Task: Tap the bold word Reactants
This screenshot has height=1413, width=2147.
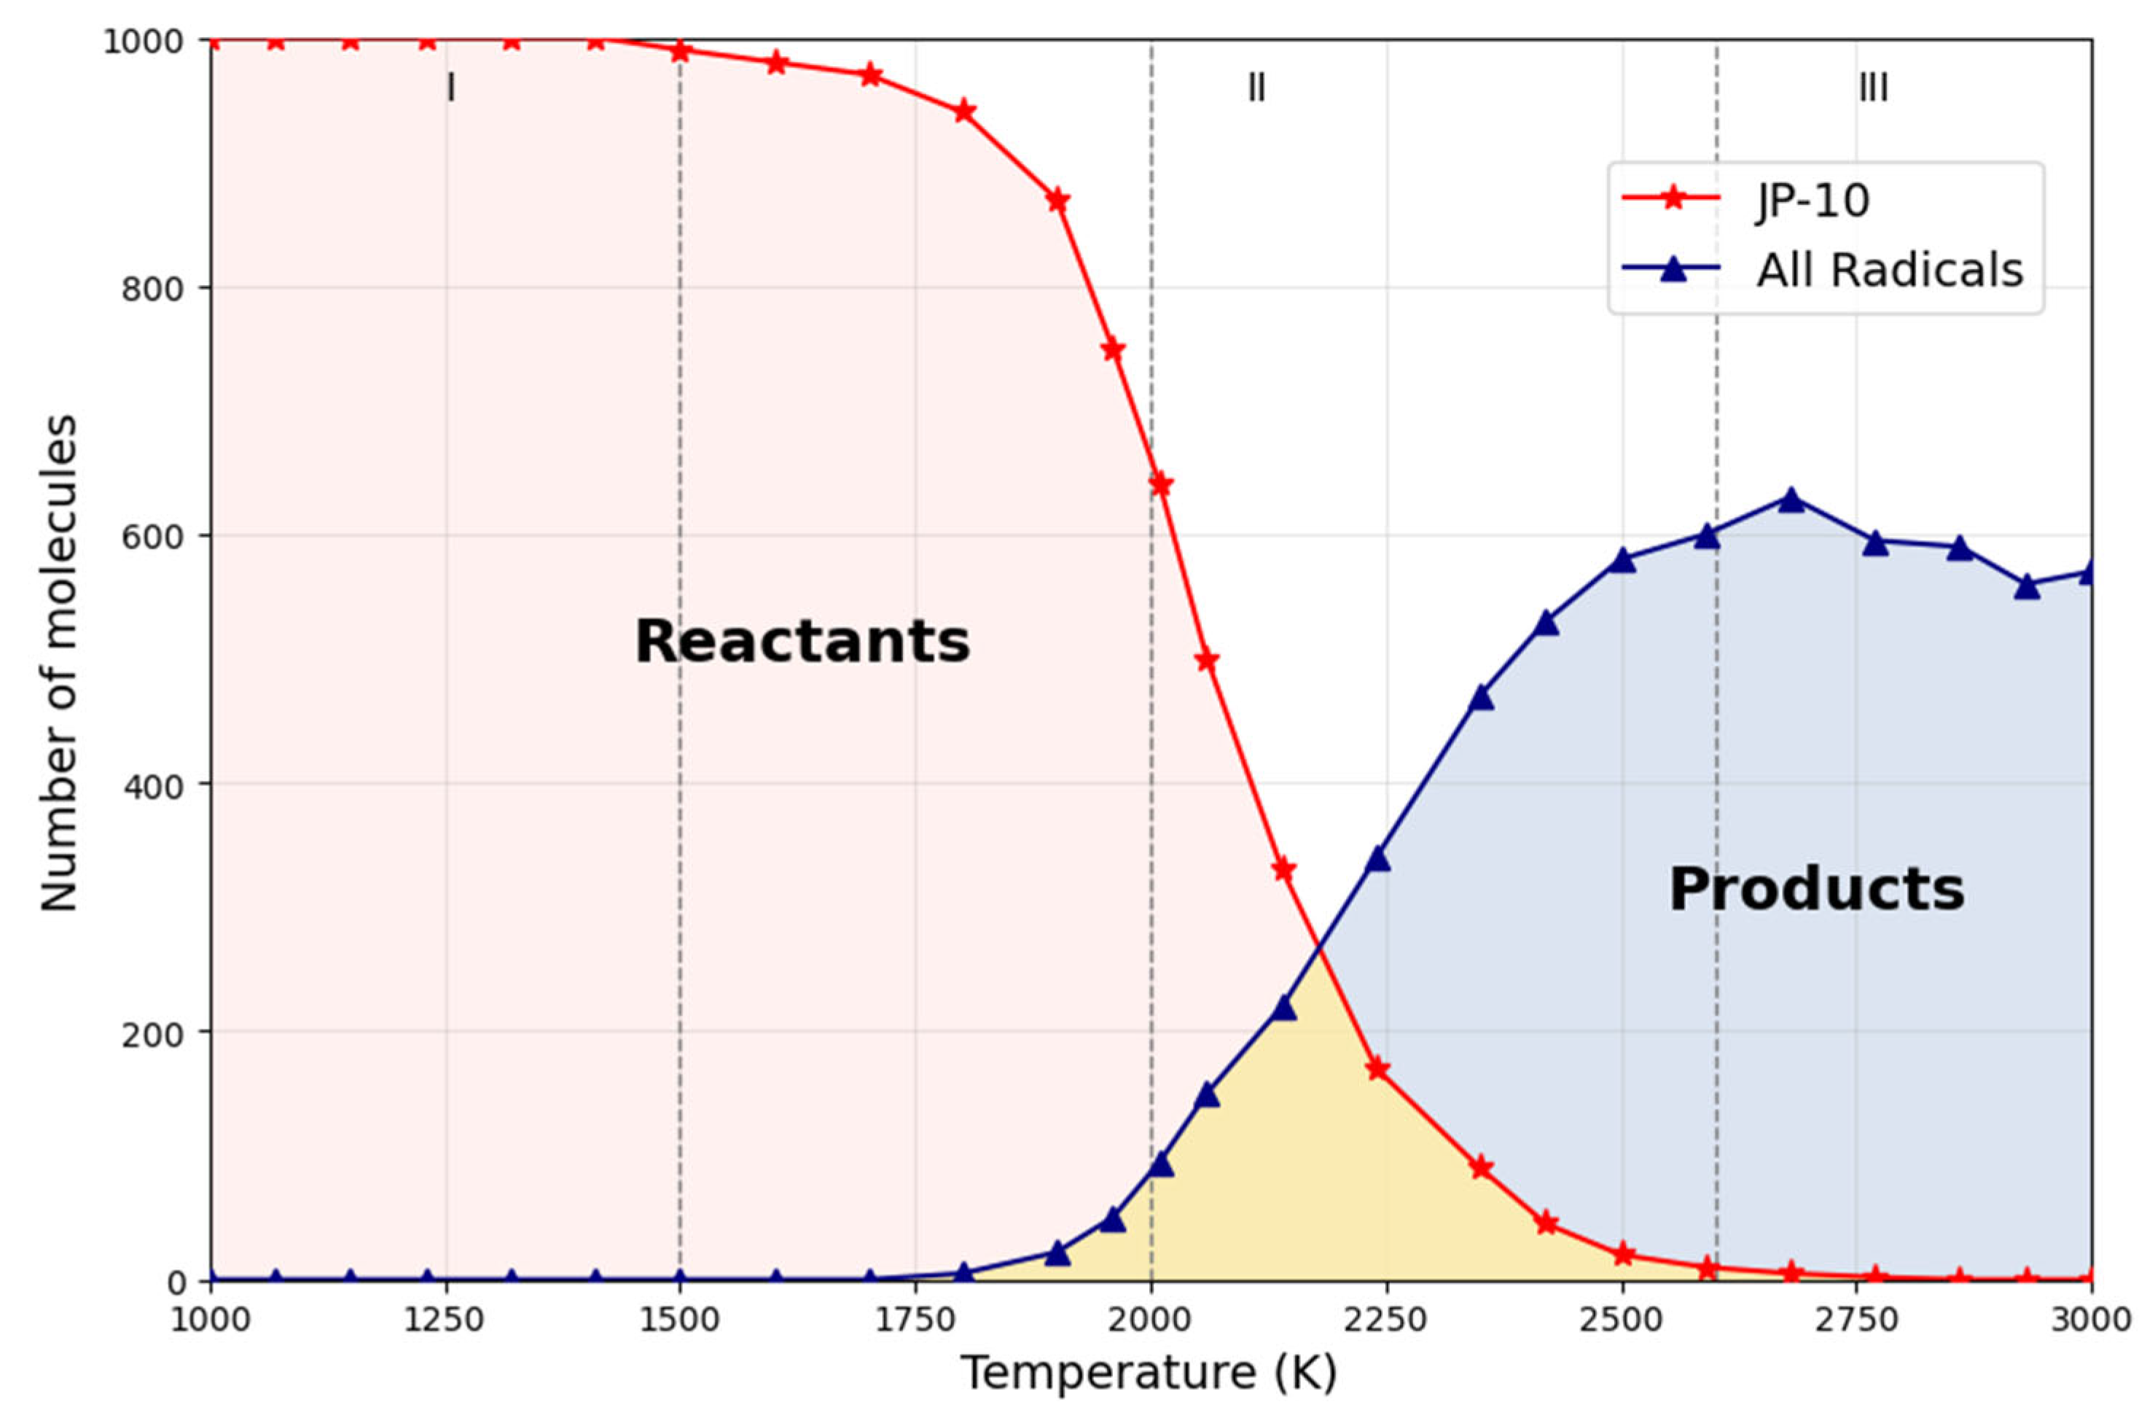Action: pos(802,642)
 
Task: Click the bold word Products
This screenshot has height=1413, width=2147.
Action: pos(1816,889)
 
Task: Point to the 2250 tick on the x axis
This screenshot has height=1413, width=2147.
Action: pos(1387,1320)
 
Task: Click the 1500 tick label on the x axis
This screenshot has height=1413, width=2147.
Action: pos(679,1320)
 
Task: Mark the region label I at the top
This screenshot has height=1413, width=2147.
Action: pos(451,88)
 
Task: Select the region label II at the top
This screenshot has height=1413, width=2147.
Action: pos(1256,88)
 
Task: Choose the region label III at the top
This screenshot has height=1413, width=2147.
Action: pos(1873,88)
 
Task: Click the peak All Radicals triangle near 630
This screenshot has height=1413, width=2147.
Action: pos(1791,499)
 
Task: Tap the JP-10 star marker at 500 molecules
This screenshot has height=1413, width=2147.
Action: pos(1207,661)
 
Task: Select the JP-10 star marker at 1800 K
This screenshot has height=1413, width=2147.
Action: pos(963,112)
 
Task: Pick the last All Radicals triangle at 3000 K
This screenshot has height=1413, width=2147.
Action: pos(2089,572)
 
